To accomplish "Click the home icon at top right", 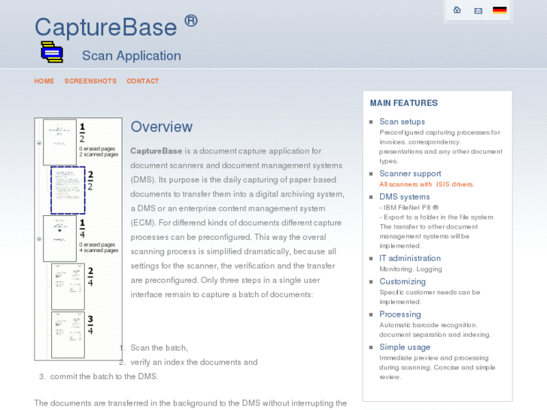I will coord(457,10).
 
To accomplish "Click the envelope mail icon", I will coord(478,11).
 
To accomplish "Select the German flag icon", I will coord(500,11).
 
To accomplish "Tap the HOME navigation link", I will coord(44,81).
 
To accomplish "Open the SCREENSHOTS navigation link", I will coord(90,81).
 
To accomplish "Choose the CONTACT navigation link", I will coord(143,81).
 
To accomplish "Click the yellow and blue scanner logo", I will coord(51,52).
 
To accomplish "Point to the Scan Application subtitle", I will coord(132,56).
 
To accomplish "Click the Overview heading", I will coord(162,127).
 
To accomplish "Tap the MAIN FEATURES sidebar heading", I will coord(403,103).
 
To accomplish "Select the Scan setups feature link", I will coord(402,122).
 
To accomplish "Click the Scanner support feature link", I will coord(410,174).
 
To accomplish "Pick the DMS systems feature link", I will coord(404,197).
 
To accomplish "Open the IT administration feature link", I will coord(409,258).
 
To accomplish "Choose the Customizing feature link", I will coord(402,281).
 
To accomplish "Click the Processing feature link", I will coord(400,314).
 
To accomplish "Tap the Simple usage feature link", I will coord(405,348).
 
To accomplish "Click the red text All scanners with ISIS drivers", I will coord(427,184).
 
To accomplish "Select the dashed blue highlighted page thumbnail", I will coord(68,190).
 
